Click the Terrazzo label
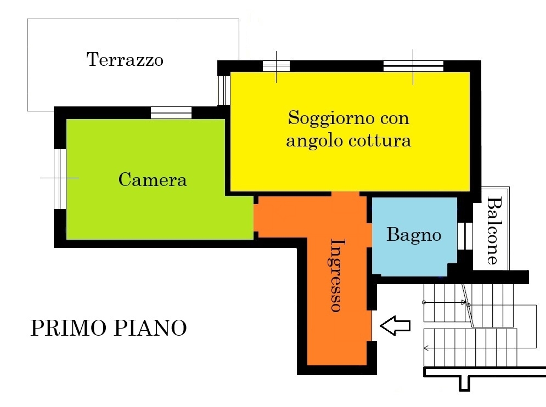[125, 59]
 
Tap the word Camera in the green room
[153, 180]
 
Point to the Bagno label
[414, 235]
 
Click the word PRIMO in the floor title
[68, 328]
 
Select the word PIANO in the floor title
[150, 328]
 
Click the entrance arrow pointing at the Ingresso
[395, 326]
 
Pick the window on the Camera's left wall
[60, 179]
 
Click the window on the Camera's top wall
[171, 113]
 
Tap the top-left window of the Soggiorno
[276, 66]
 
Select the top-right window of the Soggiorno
[413, 66]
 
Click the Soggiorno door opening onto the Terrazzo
[224, 90]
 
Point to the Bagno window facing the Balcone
[465, 236]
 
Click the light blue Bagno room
[414, 237]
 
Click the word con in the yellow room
[395, 119]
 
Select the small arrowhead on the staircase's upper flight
[464, 302]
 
